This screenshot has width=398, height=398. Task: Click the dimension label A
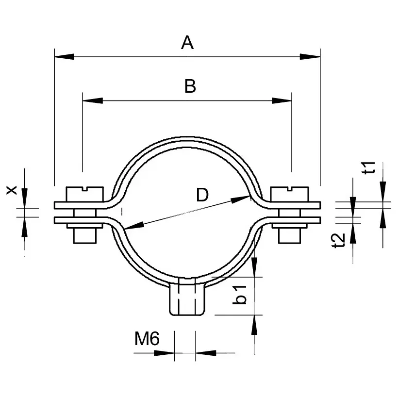(x=187, y=43)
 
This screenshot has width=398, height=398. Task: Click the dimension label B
(x=190, y=86)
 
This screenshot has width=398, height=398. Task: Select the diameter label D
(x=202, y=195)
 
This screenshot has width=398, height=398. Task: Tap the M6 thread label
(x=147, y=339)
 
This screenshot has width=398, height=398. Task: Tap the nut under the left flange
(x=84, y=235)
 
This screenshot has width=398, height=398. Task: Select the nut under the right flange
(x=290, y=235)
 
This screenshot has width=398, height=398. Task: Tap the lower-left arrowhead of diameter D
(x=130, y=225)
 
